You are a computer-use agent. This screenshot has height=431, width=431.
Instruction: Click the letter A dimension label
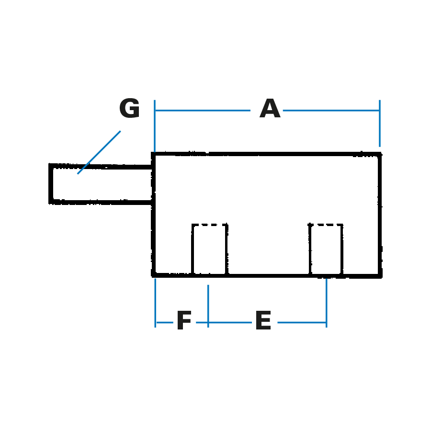pyautogui.click(x=270, y=108)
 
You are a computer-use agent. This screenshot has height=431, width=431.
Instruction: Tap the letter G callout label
pyautogui.click(x=129, y=108)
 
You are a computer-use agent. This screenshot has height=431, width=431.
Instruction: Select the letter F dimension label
pyautogui.click(x=184, y=320)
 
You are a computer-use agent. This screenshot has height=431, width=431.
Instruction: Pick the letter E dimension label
pyautogui.click(x=263, y=320)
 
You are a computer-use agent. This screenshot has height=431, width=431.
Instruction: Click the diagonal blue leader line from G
pyautogui.click(x=99, y=152)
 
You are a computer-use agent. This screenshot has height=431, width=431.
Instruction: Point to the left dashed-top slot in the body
pyautogui.click(x=210, y=249)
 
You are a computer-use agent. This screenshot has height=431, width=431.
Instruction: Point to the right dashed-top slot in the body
pyautogui.click(x=326, y=249)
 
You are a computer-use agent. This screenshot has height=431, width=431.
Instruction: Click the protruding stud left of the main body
pyautogui.click(x=101, y=184)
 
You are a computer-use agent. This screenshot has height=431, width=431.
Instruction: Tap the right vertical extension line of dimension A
pyautogui.click(x=380, y=124)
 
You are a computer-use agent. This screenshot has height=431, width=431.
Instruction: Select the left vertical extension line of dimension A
pyautogui.click(x=155, y=126)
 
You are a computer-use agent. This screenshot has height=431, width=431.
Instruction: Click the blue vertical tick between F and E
pyautogui.click(x=208, y=306)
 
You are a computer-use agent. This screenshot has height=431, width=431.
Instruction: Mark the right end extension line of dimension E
pyautogui.click(x=326, y=303)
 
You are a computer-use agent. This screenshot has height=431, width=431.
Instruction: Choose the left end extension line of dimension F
pyautogui.click(x=155, y=303)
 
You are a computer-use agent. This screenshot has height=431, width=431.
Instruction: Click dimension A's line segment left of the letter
pyautogui.click(x=203, y=111)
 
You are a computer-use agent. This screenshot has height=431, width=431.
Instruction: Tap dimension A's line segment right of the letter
pyautogui.click(x=331, y=111)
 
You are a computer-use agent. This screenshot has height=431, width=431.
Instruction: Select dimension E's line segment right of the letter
pyautogui.click(x=302, y=322)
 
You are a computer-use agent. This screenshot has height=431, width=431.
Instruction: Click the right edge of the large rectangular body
pyautogui.click(x=380, y=215)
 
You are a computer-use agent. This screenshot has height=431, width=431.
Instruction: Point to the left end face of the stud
pyautogui.click(x=51, y=184)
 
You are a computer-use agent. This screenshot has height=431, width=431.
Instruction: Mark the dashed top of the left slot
pyautogui.click(x=210, y=225)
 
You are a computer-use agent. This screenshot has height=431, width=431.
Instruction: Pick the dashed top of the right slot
pyautogui.click(x=326, y=225)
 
